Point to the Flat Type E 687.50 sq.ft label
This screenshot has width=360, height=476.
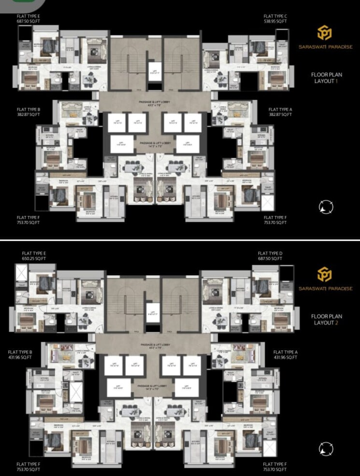[x=29, y=19]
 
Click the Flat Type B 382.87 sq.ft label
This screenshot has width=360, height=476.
[x=29, y=112]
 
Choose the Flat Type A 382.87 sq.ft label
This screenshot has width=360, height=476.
[x=280, y=112]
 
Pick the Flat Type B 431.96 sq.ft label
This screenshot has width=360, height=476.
[x=20, y=355]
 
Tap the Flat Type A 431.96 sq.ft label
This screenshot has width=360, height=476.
[x=285, y=355]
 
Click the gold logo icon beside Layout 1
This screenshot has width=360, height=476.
[x=324, y=33]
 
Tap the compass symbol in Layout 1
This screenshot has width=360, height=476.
[x=326, y=207]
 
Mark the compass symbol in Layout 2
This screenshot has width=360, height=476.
[x=326, y=448]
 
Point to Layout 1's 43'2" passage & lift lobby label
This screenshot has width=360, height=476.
[x=155, y=104]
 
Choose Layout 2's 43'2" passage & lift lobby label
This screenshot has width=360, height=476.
[x=155, y=346]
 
